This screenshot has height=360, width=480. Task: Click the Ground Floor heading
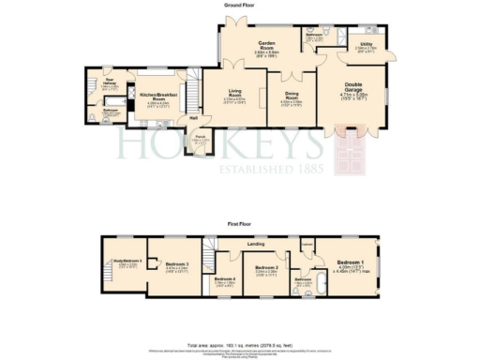(x=239, y=5)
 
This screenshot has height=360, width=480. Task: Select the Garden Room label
(x=271, y=46)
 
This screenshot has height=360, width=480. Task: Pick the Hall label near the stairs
(x=192, y=117)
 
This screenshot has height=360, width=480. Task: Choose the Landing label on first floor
(x=255, y=246)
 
